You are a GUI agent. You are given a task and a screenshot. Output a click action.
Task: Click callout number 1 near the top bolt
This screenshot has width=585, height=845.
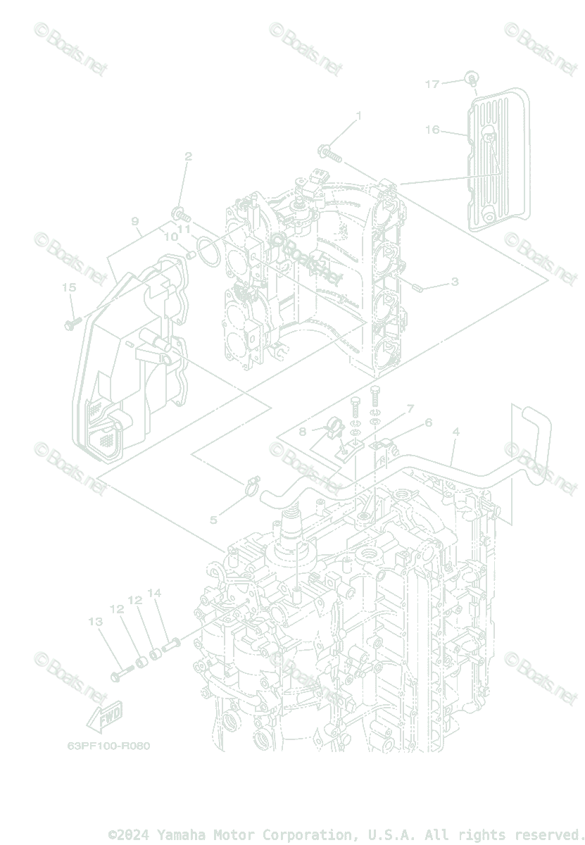click(358, 115)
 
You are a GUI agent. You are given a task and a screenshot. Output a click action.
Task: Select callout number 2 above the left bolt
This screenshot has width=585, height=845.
click(188, 156)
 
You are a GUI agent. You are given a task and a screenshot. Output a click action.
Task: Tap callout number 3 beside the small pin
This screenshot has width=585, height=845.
click(455, 282)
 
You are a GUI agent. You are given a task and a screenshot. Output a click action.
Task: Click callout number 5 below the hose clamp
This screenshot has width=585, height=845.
click(213, 520)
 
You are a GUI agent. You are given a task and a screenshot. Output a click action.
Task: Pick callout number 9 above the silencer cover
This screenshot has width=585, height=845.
click(135, 221)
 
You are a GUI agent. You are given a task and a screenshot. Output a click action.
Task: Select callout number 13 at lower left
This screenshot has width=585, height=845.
click(96, 622)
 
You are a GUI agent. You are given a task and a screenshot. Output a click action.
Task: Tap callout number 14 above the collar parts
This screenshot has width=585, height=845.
click(154, 593)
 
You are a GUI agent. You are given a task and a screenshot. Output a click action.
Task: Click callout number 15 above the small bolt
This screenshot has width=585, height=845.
click(69, 287)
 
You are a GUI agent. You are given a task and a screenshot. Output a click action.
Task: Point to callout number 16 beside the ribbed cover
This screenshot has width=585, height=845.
click(432, 130)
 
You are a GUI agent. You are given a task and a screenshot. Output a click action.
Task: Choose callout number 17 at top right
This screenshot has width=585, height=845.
click(432, 84)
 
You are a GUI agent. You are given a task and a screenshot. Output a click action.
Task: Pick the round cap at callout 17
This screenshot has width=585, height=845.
click(472, 76)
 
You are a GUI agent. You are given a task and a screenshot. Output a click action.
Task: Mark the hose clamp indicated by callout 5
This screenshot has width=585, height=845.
click(253, 484)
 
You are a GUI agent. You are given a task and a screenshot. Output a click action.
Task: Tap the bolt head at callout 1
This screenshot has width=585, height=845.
click(324, 150)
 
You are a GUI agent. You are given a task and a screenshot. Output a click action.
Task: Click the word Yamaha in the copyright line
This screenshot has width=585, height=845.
click(180, 835)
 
